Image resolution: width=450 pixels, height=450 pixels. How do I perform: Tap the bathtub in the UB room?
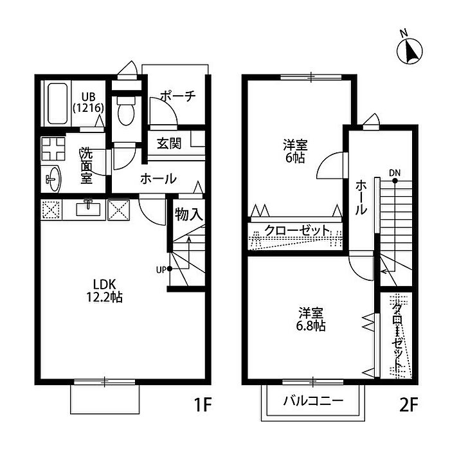56,104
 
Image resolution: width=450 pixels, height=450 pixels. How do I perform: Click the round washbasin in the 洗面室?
52,179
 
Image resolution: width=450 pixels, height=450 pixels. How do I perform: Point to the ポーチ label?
177,96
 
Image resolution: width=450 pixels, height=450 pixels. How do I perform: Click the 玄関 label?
169,143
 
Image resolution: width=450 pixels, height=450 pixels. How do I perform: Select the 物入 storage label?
189,215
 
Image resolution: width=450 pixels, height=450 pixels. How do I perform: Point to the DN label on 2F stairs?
394,172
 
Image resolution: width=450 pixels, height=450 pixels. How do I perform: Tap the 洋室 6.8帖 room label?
311,319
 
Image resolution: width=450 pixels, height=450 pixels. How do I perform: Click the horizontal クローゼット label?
298,231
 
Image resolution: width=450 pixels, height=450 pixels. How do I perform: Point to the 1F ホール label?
158,179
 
